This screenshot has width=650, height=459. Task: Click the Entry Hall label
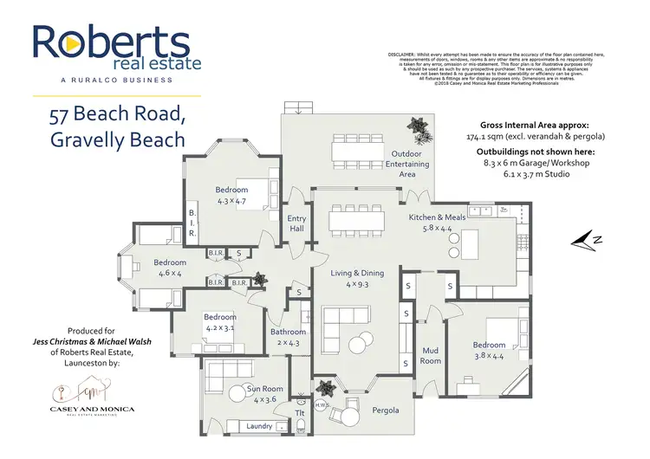click(x=296, y=223)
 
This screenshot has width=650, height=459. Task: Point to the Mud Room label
click(x=431, y=355)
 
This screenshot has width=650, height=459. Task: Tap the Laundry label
click(x=259, y=426)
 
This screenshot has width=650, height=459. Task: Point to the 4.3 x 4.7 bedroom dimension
click(x=231, y=202)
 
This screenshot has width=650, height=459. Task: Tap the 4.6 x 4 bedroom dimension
click(x=170, y=273)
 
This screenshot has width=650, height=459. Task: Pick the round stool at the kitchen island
click(x=452, y=251)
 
